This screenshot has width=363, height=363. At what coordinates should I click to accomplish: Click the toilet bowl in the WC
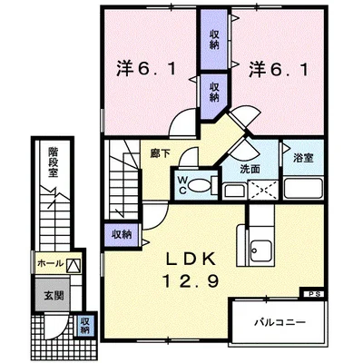200,185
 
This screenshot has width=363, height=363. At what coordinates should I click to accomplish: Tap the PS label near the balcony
312,294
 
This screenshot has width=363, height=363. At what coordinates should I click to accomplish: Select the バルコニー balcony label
280,322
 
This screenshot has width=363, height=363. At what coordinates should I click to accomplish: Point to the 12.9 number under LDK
191,281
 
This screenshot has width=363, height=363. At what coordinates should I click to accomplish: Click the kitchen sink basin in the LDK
261,250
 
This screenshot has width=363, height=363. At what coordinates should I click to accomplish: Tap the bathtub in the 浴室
303,188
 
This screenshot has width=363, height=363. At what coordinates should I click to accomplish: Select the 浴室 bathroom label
303,158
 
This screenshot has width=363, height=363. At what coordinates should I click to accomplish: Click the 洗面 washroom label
250,169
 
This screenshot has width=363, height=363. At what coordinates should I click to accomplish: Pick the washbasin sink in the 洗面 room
235,191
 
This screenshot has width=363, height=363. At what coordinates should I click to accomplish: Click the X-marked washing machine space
262,190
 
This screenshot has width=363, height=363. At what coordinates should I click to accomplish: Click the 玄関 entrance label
54,295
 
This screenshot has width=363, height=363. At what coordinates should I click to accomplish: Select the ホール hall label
51,263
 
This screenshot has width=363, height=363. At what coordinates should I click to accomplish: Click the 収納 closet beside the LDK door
123,234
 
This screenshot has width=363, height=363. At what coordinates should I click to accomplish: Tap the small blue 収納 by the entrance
84,326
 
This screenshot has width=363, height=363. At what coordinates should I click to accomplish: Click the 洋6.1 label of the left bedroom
146,69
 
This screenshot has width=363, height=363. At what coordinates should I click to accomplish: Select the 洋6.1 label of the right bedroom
279,69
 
